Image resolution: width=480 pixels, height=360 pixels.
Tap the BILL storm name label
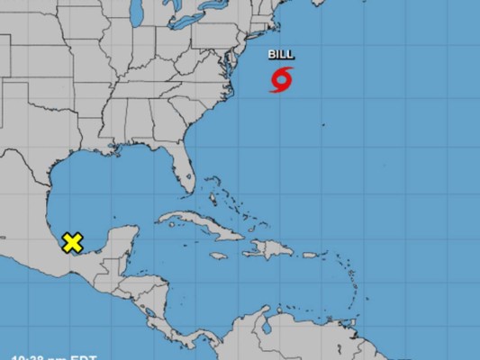coord(281,56)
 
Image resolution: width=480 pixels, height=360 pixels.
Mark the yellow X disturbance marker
coord(72,242)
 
